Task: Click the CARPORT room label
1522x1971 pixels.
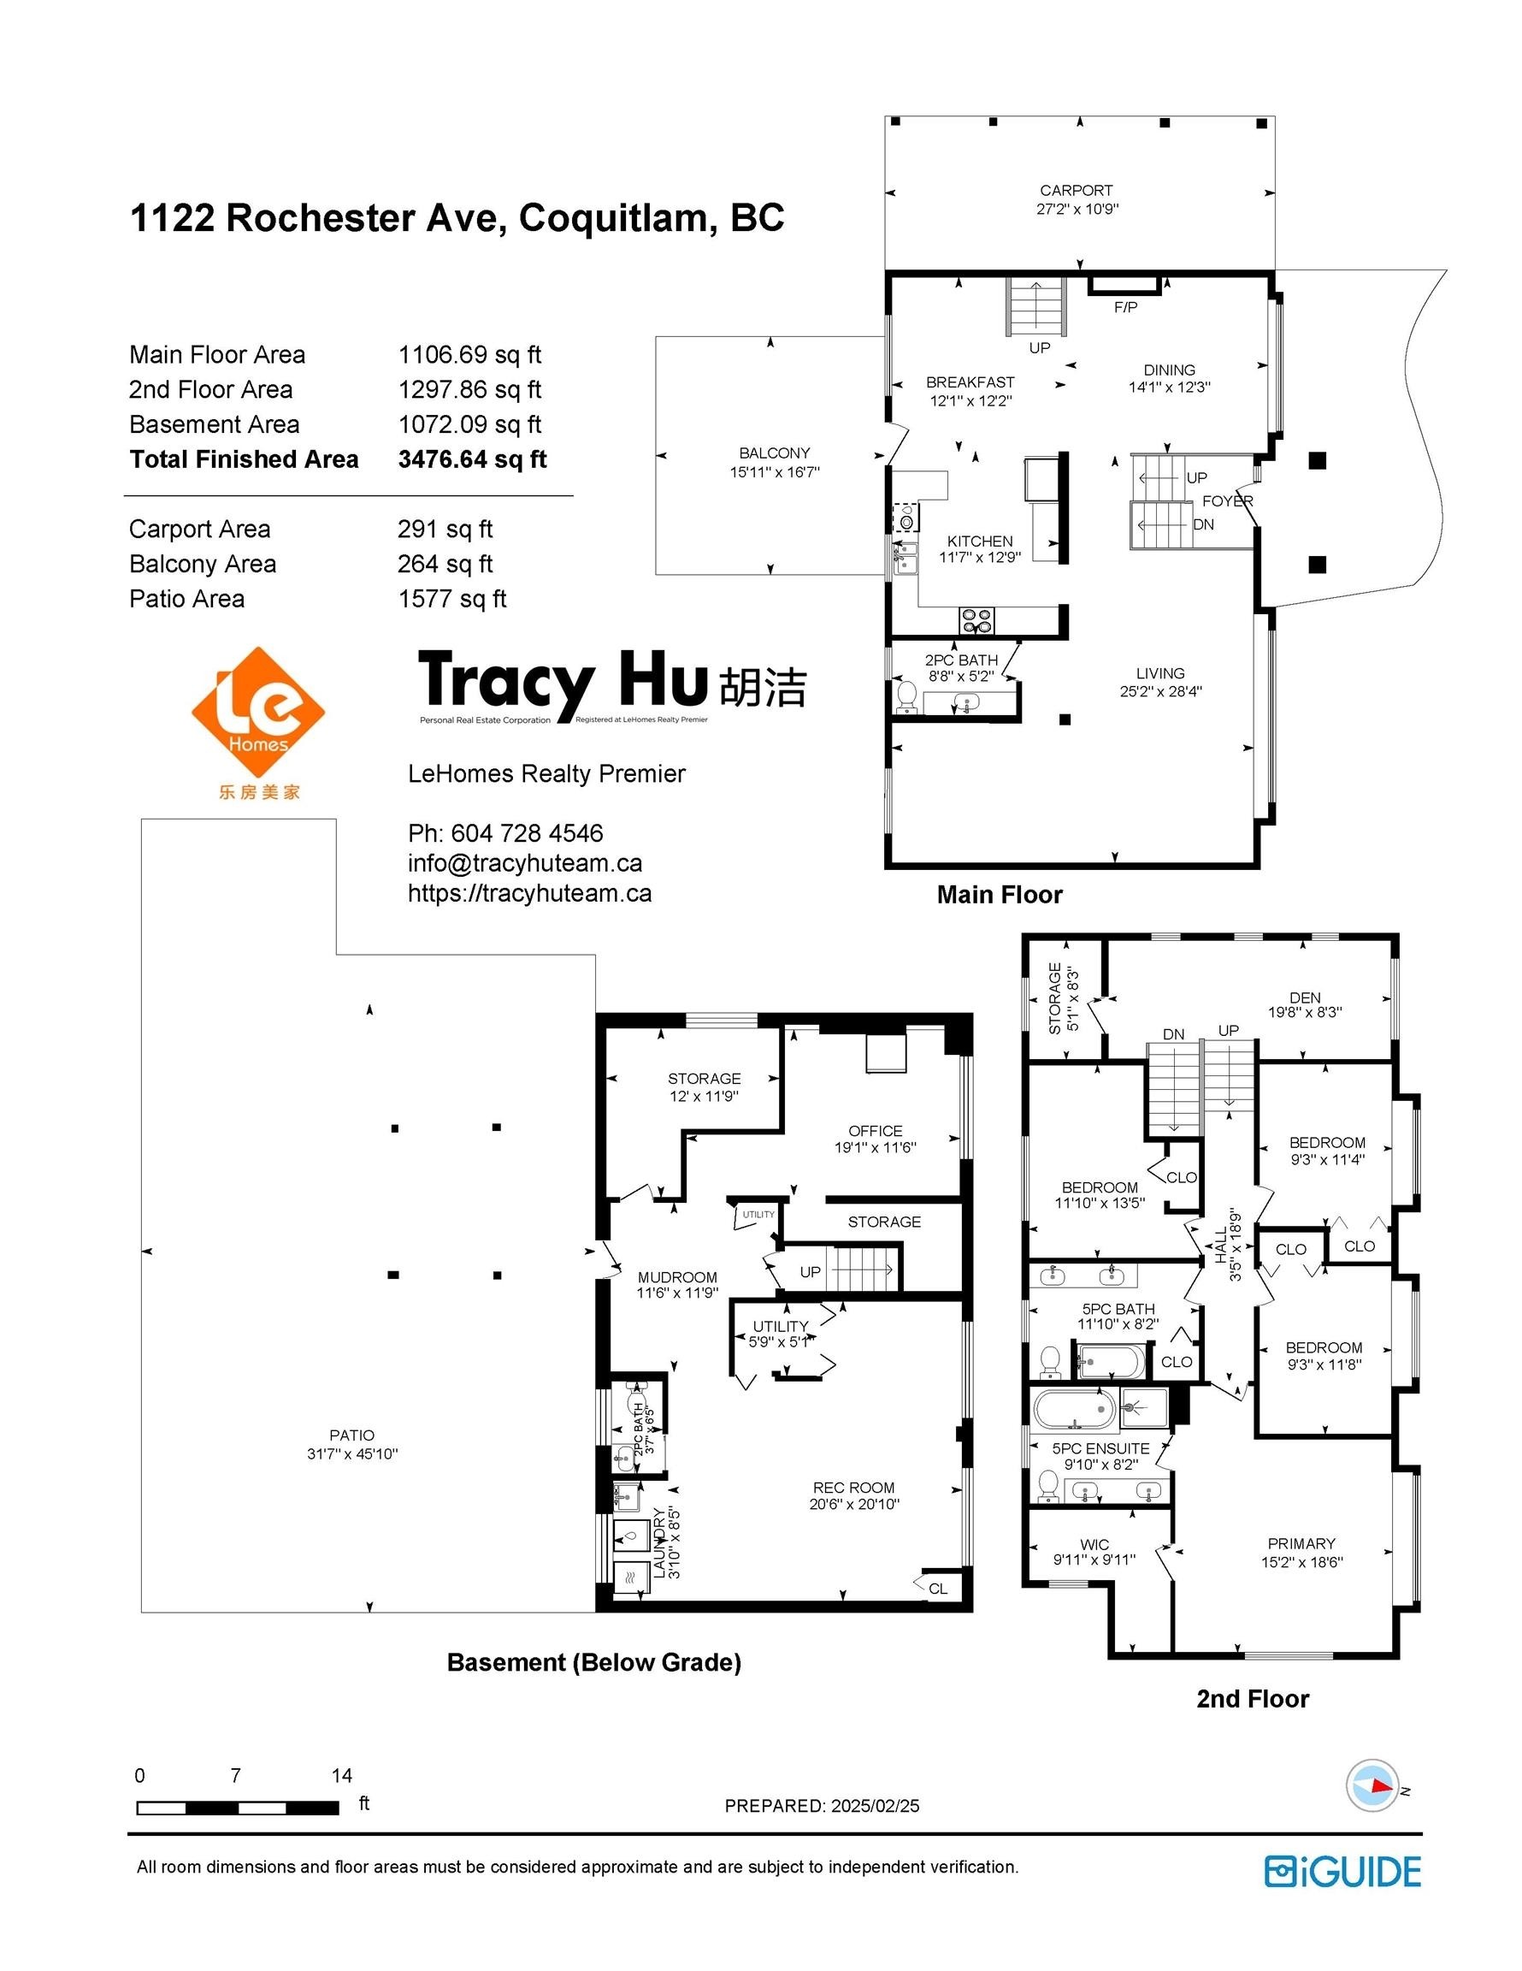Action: (x=1076, y=191)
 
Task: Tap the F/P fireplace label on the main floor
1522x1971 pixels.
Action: (x=1125, y=308)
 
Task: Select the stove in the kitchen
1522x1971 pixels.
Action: (x=977, y=620)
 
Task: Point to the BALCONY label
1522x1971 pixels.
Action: (x=774, y=453)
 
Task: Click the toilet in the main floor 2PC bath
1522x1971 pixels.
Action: (x=906, y=696)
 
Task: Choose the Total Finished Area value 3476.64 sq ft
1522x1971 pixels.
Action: (x=472, y=459)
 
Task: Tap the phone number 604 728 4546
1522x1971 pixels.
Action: (x=527, y=833)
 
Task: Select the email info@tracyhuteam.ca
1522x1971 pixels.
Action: (x=525, y=863)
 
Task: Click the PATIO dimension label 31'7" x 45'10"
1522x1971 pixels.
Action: (x=351, y=1454)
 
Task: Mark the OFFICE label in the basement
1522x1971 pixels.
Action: (x=875, y=1131)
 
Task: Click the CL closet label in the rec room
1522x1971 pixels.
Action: (x=938, y=1589)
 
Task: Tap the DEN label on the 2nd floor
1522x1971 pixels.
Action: (x=1305, y=997)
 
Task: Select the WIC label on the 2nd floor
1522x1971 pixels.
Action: (x=1094, y=1544)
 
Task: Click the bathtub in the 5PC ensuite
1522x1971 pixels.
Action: (x=1075, y=1409)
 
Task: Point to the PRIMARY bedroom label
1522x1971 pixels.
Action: (x=1301, y=1543)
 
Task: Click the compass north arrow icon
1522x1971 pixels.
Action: (x=1372, y=1786)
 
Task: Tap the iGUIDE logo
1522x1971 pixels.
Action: (x=1342, y=1873)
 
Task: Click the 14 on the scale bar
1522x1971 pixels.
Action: (x=341, y=1776)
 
